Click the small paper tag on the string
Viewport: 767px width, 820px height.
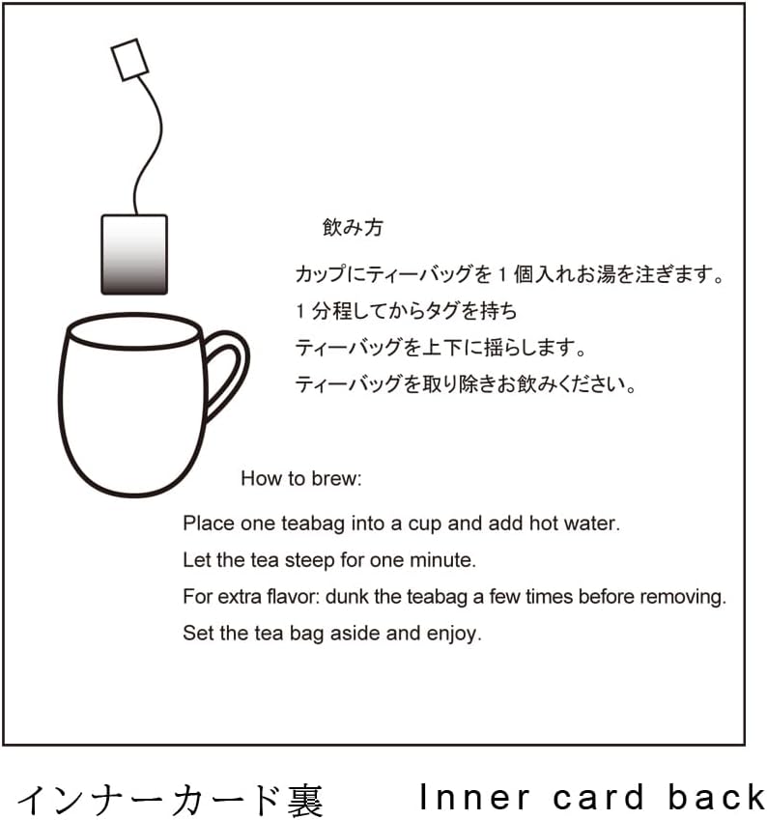129,60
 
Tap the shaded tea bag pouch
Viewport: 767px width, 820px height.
134,255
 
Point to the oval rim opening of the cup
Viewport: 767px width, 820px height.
134,331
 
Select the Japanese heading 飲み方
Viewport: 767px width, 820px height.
353,228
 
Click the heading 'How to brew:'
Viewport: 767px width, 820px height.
300,478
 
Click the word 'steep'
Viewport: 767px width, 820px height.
309,560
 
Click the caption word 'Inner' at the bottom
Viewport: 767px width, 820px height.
474,798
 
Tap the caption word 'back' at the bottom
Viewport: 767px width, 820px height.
717,798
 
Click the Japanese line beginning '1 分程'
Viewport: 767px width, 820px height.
406,311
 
